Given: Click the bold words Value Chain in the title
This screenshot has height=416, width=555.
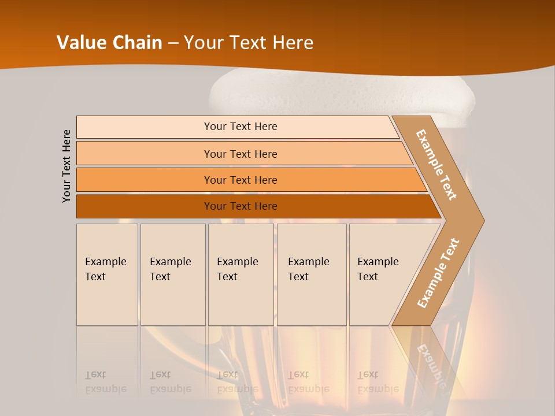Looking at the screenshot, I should click(x=109, y=43).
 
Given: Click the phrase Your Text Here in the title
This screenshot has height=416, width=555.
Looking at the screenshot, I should click(x=249, y=43).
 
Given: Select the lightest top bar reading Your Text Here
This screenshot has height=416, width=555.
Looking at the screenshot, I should click(x=240, y=127).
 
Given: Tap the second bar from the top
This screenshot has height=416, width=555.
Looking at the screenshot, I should click(x=240, y=154).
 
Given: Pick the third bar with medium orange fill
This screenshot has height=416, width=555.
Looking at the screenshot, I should click(x=240, y=180).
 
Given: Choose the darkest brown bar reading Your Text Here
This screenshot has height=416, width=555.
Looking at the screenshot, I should click(x=240, y=206).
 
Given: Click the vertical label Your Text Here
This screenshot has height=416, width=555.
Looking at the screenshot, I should click(x=66, y=166).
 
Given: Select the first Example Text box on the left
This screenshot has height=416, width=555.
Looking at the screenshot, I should click(x=107, y=274).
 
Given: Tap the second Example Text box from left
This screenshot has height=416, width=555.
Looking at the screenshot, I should click(x=172, y=274).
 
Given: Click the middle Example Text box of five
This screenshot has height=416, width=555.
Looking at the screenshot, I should click(x=240, y=274).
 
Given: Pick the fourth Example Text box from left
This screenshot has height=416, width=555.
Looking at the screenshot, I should click(x=311, y=274).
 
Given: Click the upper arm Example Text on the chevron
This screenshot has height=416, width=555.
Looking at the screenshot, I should click(x=436, y=165).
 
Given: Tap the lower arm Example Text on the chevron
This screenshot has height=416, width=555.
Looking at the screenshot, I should click(x=438, y=273).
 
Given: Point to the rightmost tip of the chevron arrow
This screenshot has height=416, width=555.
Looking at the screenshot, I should click(x=483, y=220).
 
